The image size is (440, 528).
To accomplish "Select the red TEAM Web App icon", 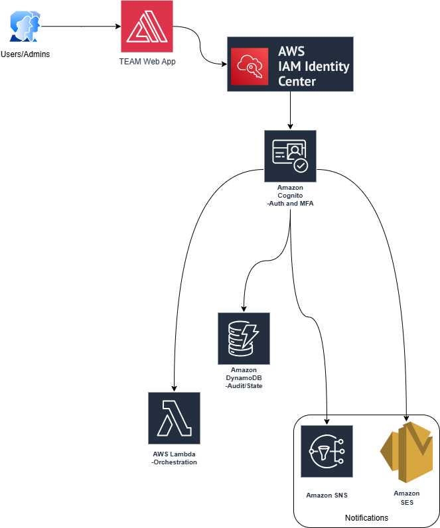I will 146,27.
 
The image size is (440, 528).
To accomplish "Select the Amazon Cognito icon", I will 290,156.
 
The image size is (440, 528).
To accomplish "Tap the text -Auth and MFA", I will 290,204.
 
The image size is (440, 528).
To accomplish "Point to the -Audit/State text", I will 244,385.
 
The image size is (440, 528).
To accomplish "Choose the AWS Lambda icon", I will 175,417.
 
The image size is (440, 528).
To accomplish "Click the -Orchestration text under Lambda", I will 175,462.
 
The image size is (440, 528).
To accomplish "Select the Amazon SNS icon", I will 327,451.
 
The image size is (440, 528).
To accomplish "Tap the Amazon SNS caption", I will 327,495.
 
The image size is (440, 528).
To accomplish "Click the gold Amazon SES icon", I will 406,451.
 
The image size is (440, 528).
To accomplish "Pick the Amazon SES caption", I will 406,497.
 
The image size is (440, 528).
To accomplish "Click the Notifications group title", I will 366,517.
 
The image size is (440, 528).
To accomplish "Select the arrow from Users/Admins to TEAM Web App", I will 80,27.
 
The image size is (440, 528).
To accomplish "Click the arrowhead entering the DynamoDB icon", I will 244,309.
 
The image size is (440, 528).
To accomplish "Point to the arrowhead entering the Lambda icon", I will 175,388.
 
